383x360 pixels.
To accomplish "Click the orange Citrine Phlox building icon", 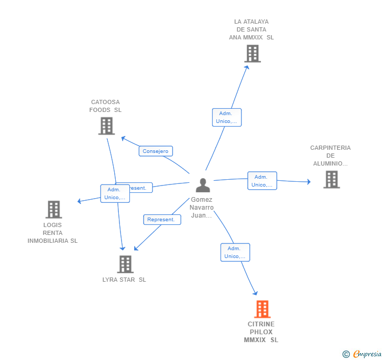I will pyautogui.click(x=262, y=309).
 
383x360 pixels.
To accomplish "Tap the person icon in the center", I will pyautogui.click(x=203, y=185).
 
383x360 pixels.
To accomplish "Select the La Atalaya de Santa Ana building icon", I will pyautogui.click(x=253, y=54).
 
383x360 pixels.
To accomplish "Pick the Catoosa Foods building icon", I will pyautogui.click(x=106, y=126).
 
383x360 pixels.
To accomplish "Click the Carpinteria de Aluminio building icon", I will pyautogui.click(x=331, y=180).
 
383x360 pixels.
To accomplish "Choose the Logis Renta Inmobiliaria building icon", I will pyautogui.click(x=53, y=209).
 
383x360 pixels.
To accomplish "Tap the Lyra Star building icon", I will pyautogui.click(x=125, y=264).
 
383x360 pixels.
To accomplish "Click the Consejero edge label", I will pyautogui.click(x=156, y=151).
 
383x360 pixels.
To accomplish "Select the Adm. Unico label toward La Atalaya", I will pyautogui.click(x=226, y=117).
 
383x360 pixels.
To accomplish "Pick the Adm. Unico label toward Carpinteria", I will pyautogui.click(x=262, y=181).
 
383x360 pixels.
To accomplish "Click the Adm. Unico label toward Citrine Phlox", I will pyautogui.click(x=235, y=252).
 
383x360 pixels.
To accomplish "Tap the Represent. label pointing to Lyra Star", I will pyautogui.click(x=162, y=220).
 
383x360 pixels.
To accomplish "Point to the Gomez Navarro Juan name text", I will pyautogui.click(x=202, y=208).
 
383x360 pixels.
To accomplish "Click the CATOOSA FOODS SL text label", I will pyautogui.click(x=105, y=106).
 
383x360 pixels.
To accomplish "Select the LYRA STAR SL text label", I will pyautogui.click(x=124, y=280).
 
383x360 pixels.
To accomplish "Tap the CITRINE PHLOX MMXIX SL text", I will pyautogui.click(x=261, y=332).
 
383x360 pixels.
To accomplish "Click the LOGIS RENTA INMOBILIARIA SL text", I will pyautogui.click(x=53, y=233).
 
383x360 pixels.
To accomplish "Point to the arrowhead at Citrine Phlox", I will pyautogui.click(x=256, y=293).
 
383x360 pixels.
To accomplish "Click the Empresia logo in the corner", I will pyautogui.click(x=362, y=354).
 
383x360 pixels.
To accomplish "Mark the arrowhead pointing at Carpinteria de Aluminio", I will pyautogui.click(x=309, y=182).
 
